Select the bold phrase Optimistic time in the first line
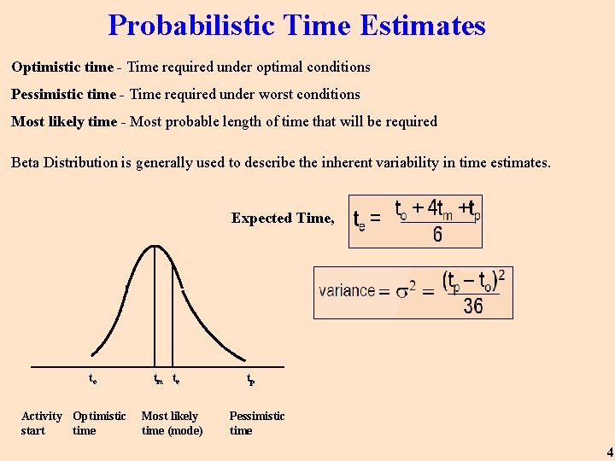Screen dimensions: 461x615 tap(61, 67)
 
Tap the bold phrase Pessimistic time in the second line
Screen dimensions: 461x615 tap(63, 94)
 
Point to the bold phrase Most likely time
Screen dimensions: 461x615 tap(63, 121)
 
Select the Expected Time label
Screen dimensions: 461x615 tap(283, 219)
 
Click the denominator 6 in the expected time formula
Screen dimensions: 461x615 tap(437, 234)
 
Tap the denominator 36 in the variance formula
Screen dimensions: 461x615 tap(472, 306)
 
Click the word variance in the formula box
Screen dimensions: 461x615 tap(347, 290)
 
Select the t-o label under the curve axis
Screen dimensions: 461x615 tap(92, 379)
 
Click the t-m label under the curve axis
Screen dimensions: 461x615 tap(158, 379)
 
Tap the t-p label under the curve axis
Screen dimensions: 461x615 tap(250, 379)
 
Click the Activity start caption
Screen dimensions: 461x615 tap(40, 423)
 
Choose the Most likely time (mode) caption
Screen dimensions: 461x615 tap(172, 423)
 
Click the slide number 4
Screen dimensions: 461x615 tap(609, 452)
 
